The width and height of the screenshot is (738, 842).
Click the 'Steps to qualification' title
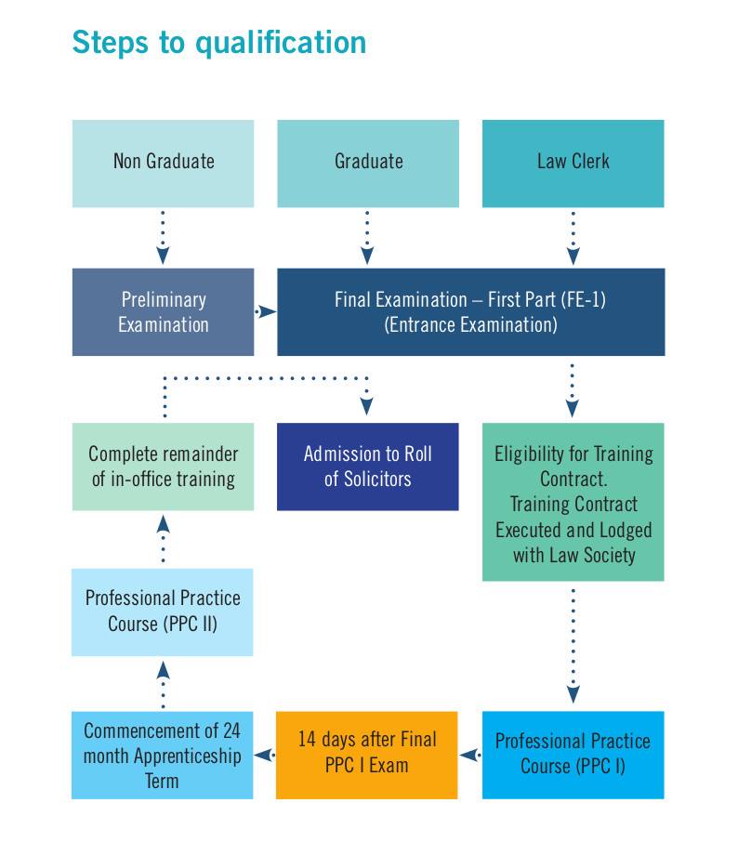tap(219, 43)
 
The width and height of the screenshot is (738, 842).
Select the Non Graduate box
tap(164, 164)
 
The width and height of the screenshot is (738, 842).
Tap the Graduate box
tap(368, 164)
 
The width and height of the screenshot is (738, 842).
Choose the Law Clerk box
tap(573, 164)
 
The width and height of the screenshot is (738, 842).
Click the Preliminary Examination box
tap(164, 312)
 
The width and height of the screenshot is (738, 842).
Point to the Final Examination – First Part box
tap(471, 312)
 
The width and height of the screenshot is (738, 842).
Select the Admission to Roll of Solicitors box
tap(368, 467)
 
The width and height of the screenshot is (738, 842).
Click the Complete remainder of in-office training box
tap(164, 467)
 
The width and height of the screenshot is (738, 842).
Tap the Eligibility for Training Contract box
tap(573, 502)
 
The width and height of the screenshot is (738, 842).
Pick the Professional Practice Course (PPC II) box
tap(163, 612)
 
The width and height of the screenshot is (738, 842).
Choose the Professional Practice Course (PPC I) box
tap(573, 755)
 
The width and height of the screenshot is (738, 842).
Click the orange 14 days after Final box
tap(367, 755)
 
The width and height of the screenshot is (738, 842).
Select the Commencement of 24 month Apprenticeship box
tap(163, 755)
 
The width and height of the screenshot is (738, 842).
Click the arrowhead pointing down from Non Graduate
tap(163, 256)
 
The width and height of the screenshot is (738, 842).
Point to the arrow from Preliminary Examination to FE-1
tap(265, 311)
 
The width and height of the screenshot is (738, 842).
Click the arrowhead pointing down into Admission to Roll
tap(367, 406)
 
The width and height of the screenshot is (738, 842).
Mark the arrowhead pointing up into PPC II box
tap(163, 670)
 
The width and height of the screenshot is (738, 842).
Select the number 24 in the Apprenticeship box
tap(231, 730)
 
